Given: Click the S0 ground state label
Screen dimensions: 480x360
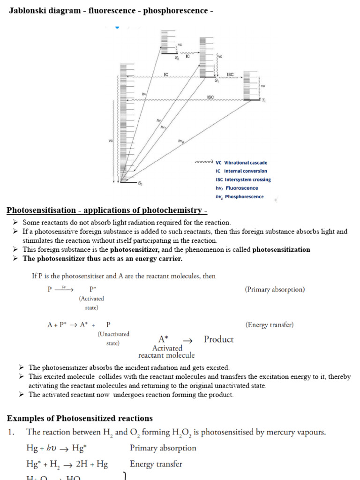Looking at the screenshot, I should [140, 184].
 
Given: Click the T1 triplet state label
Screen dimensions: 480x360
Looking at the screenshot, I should [263, 101].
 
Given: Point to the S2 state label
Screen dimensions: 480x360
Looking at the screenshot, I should [177, 58].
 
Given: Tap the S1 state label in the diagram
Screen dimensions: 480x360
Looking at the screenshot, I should [217, 81].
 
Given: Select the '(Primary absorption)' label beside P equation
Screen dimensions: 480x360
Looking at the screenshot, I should [275, 289].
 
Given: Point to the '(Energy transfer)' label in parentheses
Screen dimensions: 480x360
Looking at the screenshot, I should [270, 324].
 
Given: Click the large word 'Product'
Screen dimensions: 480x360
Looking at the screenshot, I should [218, 339].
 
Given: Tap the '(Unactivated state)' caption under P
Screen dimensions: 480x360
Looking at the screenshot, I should [113, 338].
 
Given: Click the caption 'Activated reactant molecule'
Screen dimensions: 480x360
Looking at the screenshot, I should [167, 352].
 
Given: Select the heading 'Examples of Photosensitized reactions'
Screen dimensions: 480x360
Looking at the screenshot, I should [80, 418].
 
